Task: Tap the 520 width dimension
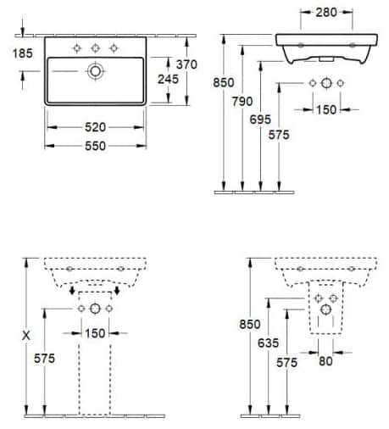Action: (x=95, y=126)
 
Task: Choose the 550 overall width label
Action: (x=95, y=146)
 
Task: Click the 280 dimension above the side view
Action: (x=319, y=13)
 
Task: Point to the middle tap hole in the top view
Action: (x=95, y=47)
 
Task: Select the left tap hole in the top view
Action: (x=77, y=47)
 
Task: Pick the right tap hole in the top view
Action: (x=113, y=47)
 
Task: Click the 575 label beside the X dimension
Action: (x=46, y=359)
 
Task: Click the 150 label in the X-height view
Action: (x=95, y=332)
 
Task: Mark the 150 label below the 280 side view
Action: (x=326, y=109)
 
